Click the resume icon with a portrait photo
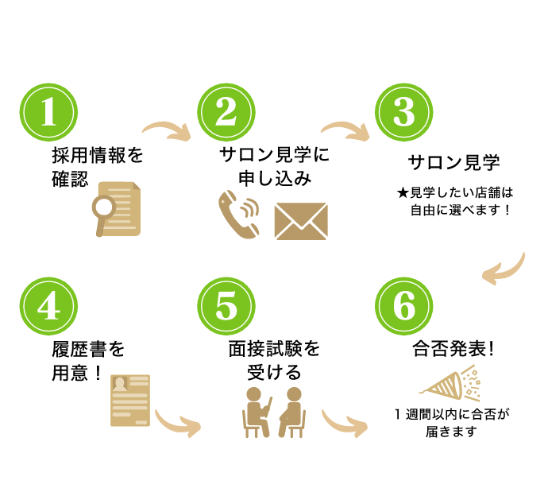(x=130, y=399)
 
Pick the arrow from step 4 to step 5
(x=177, y=424)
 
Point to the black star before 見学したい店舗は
(x=403, y=193)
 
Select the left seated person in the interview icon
(x=256, y=412)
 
